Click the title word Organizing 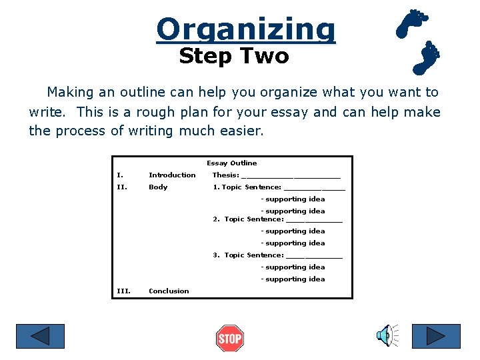[x=246, y=29]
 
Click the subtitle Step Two [x=234, y=57]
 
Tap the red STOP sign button [x=230, y=338]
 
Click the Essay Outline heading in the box [x=231, y=163]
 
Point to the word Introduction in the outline [x=172, y=175]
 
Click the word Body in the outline [x=158, y=187]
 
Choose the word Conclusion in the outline [x=169, y=291]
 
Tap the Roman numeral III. [x=123, y=291]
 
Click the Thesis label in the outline [x=225, y=175]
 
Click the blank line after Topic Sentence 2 [x=313, y=221]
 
